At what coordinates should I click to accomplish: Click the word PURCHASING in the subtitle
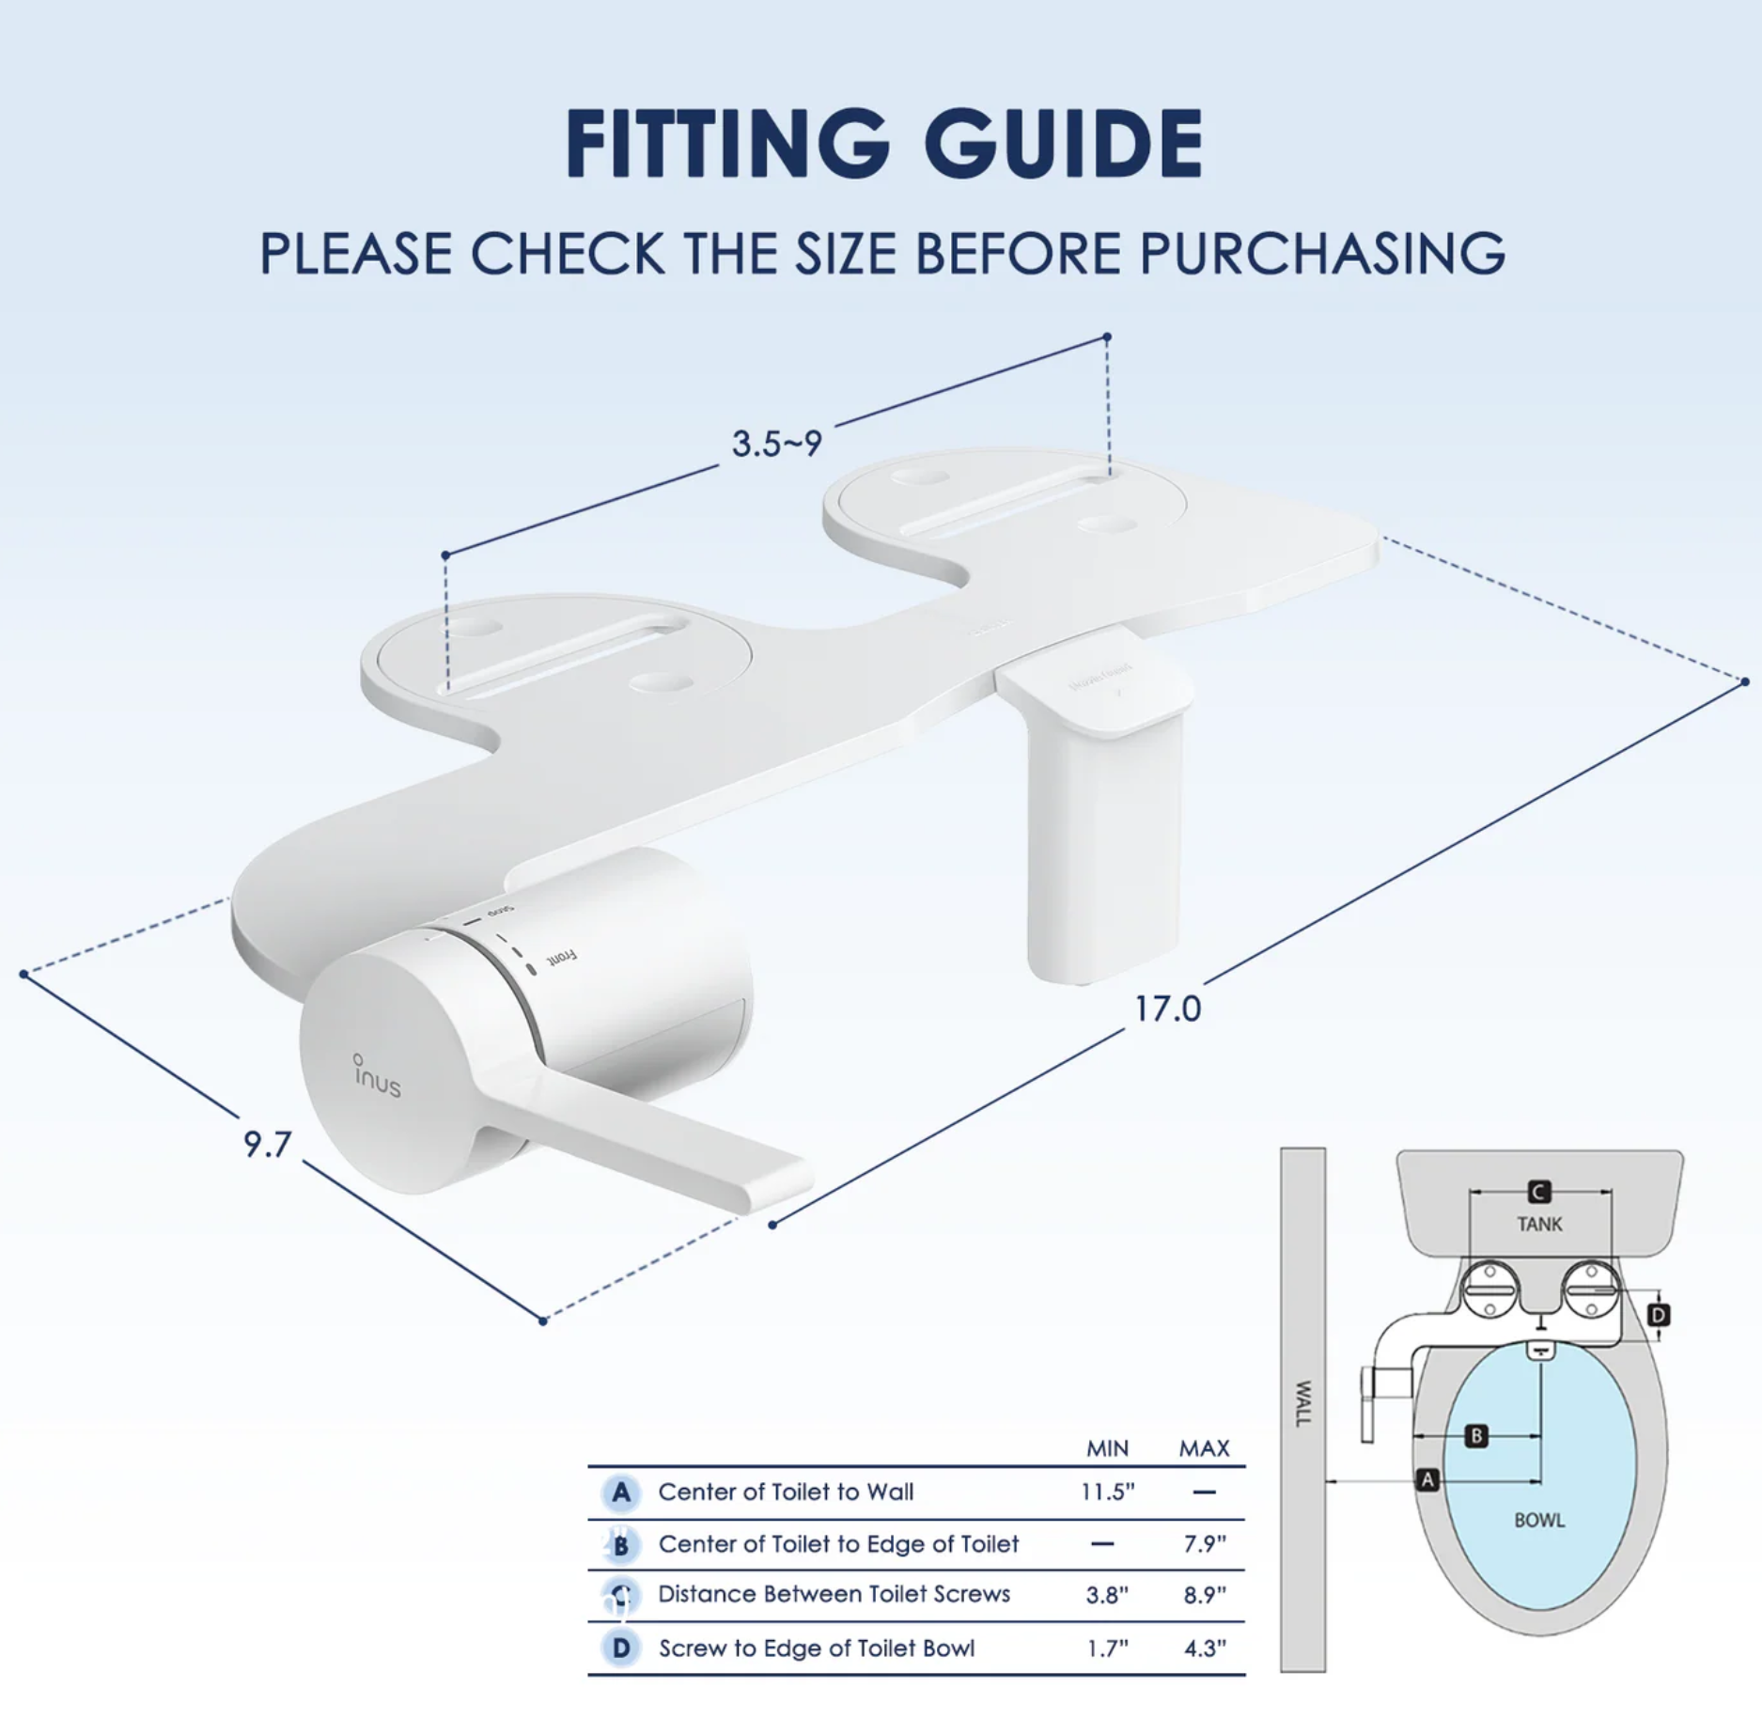(1322, 254)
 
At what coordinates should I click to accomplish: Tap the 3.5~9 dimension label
(777, 444)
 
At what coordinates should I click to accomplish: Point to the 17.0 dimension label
(1167, 1009)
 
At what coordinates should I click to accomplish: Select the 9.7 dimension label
(268, 1145)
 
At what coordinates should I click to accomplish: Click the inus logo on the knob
(378, 1077)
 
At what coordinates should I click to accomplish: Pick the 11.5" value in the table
(1107, 1492)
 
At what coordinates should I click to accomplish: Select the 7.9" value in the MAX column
(1204, 1544)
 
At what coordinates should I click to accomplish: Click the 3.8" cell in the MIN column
(1107, 1595)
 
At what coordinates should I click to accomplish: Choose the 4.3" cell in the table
(1204, 1649)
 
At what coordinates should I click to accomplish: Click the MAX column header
(1204, 1448)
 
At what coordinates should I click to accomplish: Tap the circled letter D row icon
(621, 1648)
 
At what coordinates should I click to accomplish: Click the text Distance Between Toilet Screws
(834, 1594)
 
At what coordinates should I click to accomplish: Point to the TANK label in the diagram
(1539, 1224)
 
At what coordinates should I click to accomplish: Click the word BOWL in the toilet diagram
(1539, 1520)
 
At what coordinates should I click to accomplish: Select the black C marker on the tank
(1539, 1192)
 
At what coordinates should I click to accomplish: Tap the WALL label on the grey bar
(1303, 1403)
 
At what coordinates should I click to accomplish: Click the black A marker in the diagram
(1427, 1479)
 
